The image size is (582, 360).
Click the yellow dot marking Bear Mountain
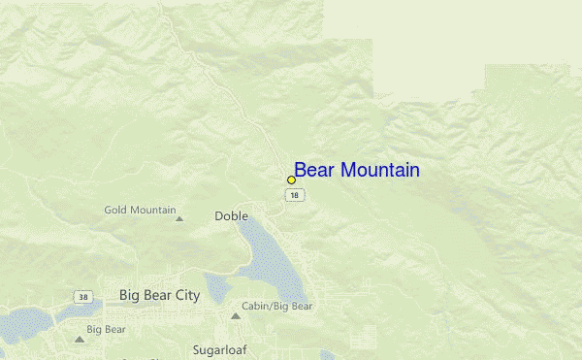click(x=291, y=180)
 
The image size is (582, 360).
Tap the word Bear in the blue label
click(x=314, y=171)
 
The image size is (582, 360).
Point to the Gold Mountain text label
click(x=140, y=210)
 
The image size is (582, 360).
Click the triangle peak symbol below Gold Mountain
click(x=178, y=218)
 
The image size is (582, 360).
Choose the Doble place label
click(x=231, y=216)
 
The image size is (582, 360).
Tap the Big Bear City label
click(x=159, y=294)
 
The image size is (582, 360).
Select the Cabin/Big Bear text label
click(x=277, y=307)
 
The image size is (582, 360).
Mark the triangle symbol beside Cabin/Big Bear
click(x=235, y=315)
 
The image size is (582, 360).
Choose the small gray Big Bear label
click(x=107, y=330)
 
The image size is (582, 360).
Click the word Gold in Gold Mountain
click(x=116, y=210)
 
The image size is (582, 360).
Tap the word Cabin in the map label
click(x=256, y=307)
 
